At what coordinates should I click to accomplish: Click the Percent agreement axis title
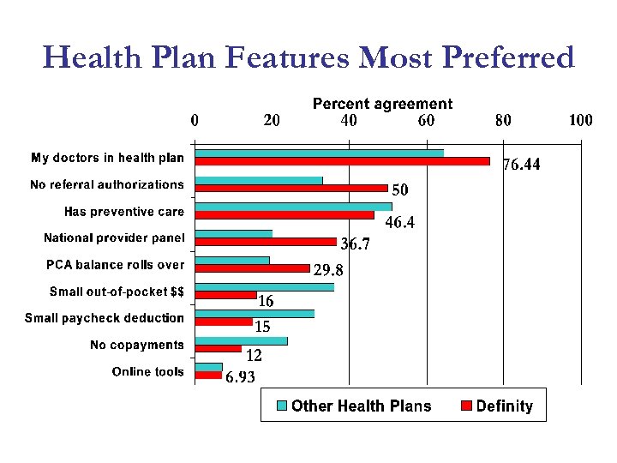pos(382,104)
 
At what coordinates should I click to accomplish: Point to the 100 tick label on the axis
pos(581,121)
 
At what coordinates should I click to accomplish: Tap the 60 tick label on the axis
pos(426,121)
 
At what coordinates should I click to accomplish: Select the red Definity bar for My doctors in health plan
pos(343,161)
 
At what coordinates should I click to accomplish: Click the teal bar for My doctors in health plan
pos(320,153)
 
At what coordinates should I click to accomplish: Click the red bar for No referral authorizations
pos(291,188)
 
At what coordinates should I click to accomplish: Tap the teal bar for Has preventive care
pos(293,207)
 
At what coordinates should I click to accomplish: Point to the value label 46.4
pos(399,224)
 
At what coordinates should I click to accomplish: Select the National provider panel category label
pos(114,238)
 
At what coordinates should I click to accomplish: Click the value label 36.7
pos(356,245)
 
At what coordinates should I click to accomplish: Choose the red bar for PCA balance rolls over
pos(253,268)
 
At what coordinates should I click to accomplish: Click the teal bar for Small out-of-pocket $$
pos(265,287)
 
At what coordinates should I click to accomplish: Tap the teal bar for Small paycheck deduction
pos(255,314)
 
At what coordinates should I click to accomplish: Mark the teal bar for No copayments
pos(242,341)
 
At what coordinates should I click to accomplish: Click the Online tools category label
pos(148,372)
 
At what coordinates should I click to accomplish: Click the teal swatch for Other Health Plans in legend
pos(281,406)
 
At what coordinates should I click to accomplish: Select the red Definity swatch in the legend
pos(467,406)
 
